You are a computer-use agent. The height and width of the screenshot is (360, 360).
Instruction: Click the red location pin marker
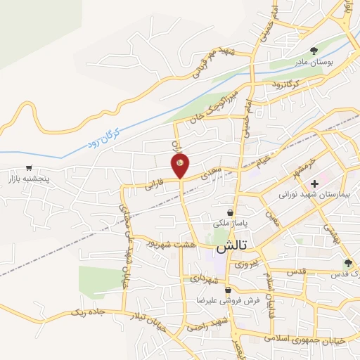181,165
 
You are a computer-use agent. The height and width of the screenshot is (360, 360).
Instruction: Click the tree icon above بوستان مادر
314,50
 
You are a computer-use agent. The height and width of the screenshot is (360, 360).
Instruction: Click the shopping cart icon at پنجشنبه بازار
28,168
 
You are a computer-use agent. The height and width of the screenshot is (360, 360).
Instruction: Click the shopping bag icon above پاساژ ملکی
230,212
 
